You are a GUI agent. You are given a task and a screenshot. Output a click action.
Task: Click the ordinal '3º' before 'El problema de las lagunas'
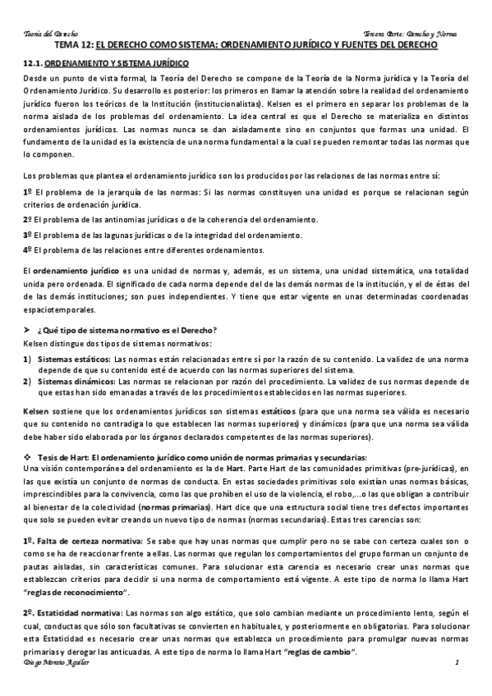pyautogui.click(x=28, y=235)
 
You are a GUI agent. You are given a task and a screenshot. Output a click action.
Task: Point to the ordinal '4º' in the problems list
pyautogui.click(x=28, y=250)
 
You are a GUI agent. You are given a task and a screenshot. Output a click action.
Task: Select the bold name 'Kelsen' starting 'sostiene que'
pyautogui.click(x=34, y=410)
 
